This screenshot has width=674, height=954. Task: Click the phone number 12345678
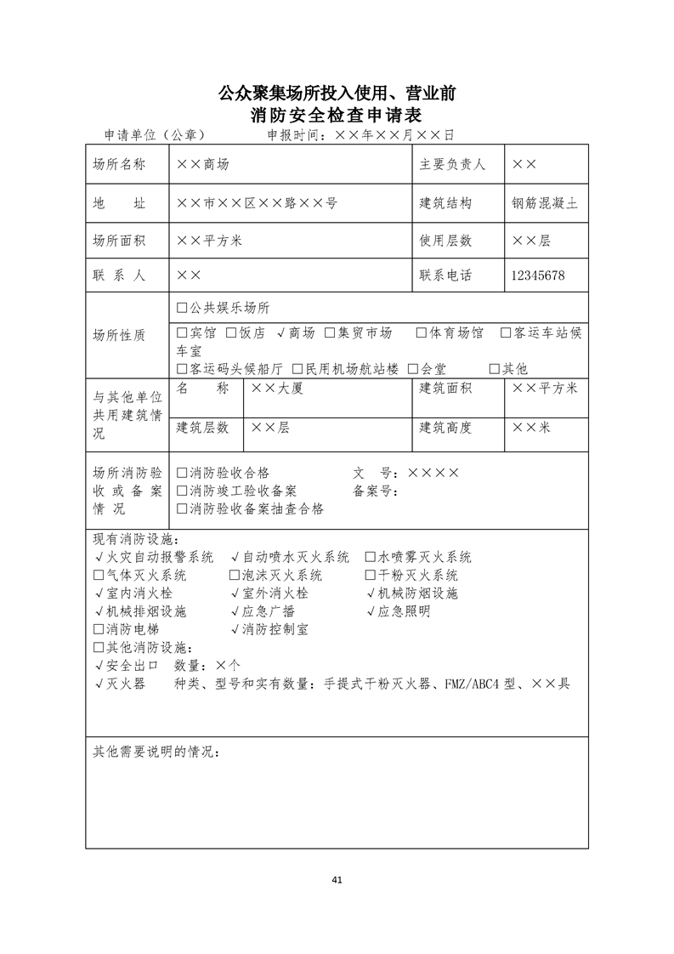click(538, 275)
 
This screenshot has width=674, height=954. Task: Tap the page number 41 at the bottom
click(337, 879)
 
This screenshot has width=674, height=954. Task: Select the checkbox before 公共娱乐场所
click(182, 308)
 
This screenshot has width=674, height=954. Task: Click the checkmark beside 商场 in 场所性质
click(281, 332)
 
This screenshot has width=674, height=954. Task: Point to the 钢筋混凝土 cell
click(545, 203)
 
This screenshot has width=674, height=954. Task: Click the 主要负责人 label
click(452, 165)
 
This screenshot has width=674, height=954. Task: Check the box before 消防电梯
click(99, 629)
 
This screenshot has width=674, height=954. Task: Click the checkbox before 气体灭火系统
click(99, 576)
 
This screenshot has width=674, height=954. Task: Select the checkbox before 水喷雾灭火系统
click(371, 558)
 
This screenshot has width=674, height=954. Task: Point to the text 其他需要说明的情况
click(156, 752)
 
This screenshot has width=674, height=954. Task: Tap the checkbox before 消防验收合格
click(182, 473)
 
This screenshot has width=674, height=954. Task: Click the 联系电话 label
click(445, 275)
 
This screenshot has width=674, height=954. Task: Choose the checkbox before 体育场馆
click(422, 332)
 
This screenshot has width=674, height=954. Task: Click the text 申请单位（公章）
click(155, 135)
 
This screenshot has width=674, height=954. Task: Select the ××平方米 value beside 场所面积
click(210, 241)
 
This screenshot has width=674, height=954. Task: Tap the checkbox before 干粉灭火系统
click(371, 576)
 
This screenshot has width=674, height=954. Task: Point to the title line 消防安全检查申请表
click(337, 115)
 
